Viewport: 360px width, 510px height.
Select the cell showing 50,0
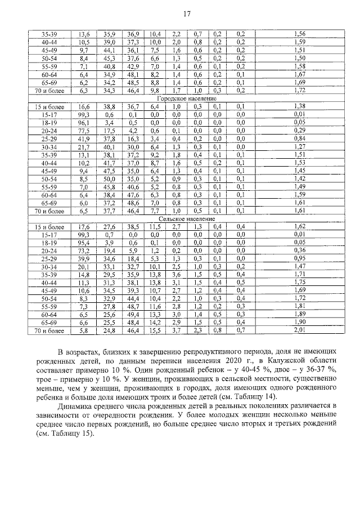(x=109, y=178)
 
